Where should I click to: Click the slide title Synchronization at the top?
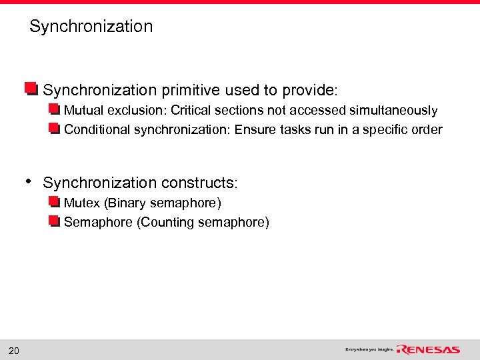click(x=91, y=27)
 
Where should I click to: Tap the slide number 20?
click(x=13, y=351)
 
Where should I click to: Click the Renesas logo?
click(x=428, y=349)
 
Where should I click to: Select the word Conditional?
click(x=97, y=130)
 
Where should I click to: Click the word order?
click(x=426, y=130)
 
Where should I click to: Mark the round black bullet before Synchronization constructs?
click(x=28, y=181)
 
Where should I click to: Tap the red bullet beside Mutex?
click(x=55, y=202)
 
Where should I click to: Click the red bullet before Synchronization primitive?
click(x=31, y=89)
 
